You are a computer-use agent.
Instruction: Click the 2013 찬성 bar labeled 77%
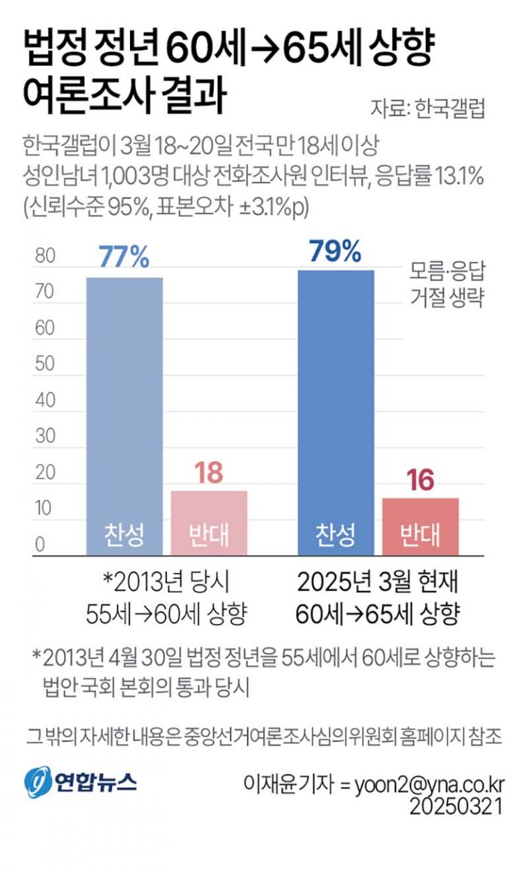124,412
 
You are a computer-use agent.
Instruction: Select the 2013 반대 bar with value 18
208,522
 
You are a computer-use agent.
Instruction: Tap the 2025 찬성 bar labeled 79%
335,412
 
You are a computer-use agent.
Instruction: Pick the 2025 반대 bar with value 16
420,525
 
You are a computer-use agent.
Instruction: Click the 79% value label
335,251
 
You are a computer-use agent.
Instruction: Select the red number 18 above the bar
208,474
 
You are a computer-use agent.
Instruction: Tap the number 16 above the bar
420,481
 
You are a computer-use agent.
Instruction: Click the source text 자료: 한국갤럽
428,109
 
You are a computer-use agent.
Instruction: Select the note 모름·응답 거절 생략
448,285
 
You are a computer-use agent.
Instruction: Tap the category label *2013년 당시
166,585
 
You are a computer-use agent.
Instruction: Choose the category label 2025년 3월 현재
377,585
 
